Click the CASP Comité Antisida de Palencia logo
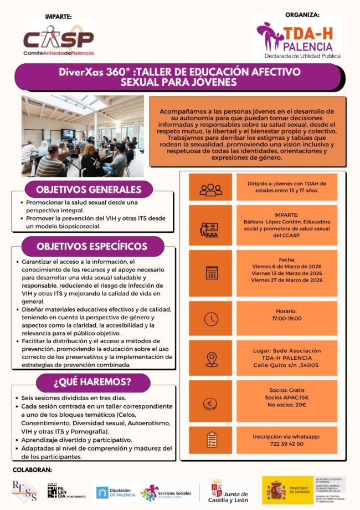coord(59,40)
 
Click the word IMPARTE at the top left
coord(58,17)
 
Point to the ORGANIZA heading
coord(302,16)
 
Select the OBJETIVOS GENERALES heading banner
coord(88,190)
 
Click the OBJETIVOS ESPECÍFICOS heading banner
coord(92,246)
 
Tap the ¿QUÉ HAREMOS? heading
coord(92,382)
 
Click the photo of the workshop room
coord(83,136)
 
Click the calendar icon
coord(210,272)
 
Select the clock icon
coord(210,319)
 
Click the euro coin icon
coord(210,404)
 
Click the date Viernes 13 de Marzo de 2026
coord(287,273)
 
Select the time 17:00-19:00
coord(287,319)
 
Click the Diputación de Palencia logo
coord(115,492)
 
